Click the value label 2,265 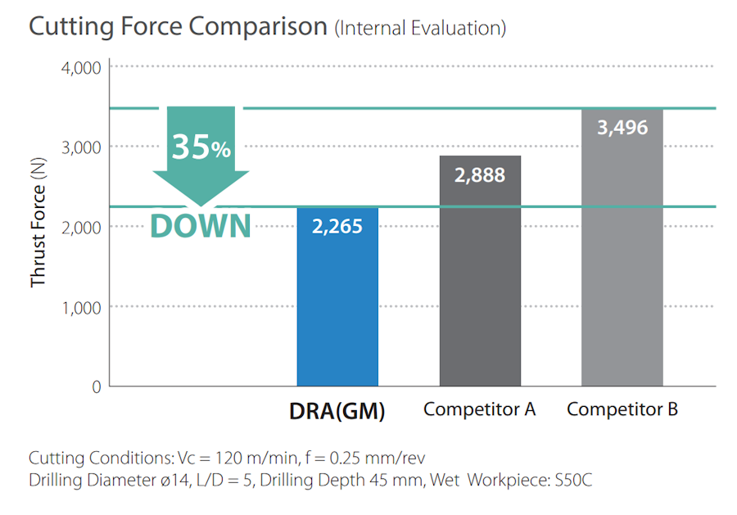coord(337,226)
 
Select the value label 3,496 coord(622,127)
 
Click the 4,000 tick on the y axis coord(80,67)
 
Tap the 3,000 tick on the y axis coord(80,147)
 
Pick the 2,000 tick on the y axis coord(80,227)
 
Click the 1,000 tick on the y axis coord(80,307)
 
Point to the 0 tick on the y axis coord(95,386)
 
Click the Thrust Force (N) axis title coord(38,225)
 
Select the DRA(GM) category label coord(337,410)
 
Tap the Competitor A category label coord(480,409)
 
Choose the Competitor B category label coord(622,409)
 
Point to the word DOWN coord(201,225)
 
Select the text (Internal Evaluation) coord(420,29)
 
